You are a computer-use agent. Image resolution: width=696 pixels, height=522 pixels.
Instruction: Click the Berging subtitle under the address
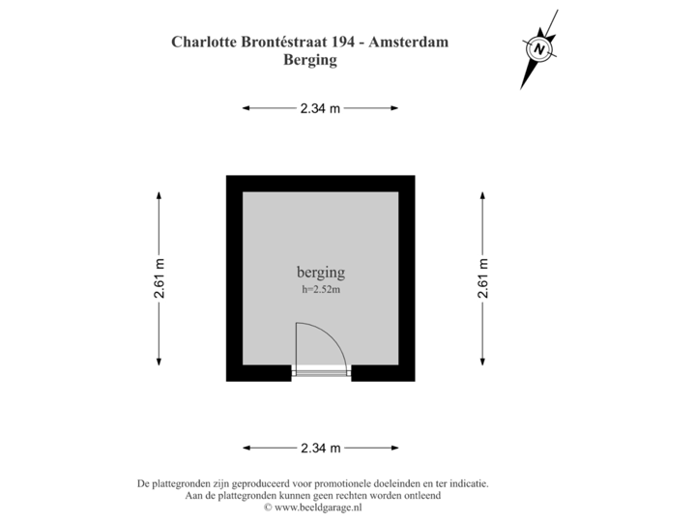[309, 60]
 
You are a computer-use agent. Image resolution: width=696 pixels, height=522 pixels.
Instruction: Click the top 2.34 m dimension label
[321, 109]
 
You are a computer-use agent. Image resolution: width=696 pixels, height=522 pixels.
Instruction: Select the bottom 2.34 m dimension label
[321, 448]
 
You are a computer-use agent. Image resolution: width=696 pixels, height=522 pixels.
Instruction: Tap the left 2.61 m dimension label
[159, 278]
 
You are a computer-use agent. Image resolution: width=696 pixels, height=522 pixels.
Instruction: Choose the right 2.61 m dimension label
[482, 278]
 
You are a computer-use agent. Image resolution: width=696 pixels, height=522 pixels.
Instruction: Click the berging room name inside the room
[320, 273]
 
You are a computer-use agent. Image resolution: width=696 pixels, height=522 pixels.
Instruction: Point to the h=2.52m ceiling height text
[321, 288]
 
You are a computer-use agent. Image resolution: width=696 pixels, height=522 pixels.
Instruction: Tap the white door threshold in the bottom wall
[321, 375]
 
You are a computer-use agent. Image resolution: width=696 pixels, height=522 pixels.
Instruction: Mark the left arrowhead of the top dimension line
[246, 109]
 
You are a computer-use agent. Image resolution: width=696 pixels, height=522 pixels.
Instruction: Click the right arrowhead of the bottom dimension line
[395, 448]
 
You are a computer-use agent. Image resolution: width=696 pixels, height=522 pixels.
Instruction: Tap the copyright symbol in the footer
[268, 506]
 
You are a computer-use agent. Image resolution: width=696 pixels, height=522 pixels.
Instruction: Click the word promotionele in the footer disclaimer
[350, 482]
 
